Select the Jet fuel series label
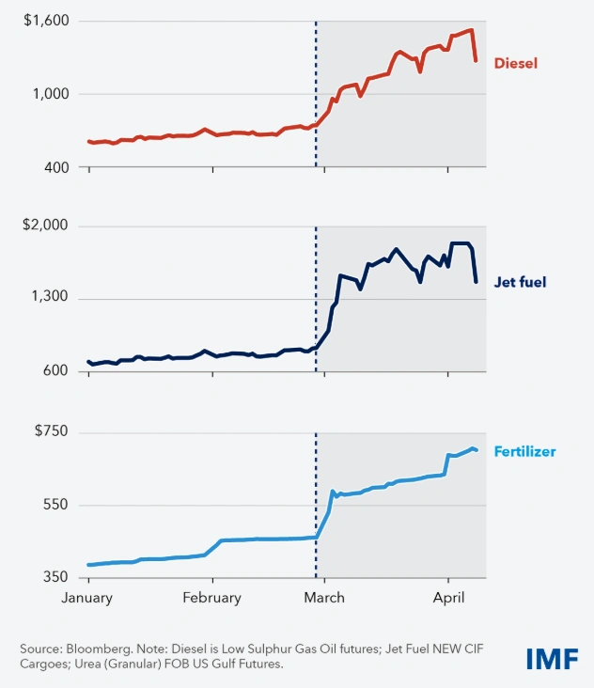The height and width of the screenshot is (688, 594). coord(520,281)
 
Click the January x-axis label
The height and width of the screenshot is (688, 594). coord(87,598)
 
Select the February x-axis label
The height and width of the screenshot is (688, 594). coord(211,598)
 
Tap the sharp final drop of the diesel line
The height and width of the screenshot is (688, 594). coord(475,47)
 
